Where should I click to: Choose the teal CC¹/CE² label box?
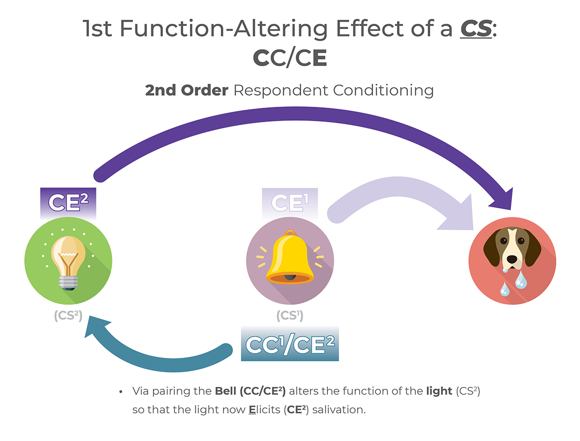[290, 344]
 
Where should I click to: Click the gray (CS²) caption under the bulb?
[68, 316]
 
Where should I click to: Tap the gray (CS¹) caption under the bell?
[290, 316]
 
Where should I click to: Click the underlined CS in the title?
[476, 29]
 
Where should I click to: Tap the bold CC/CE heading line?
[290, 59]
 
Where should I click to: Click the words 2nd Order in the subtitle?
[187, 90]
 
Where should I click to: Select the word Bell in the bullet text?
[226, 392]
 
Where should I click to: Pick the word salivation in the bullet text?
[344, 410]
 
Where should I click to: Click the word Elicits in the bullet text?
[268, 410]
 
